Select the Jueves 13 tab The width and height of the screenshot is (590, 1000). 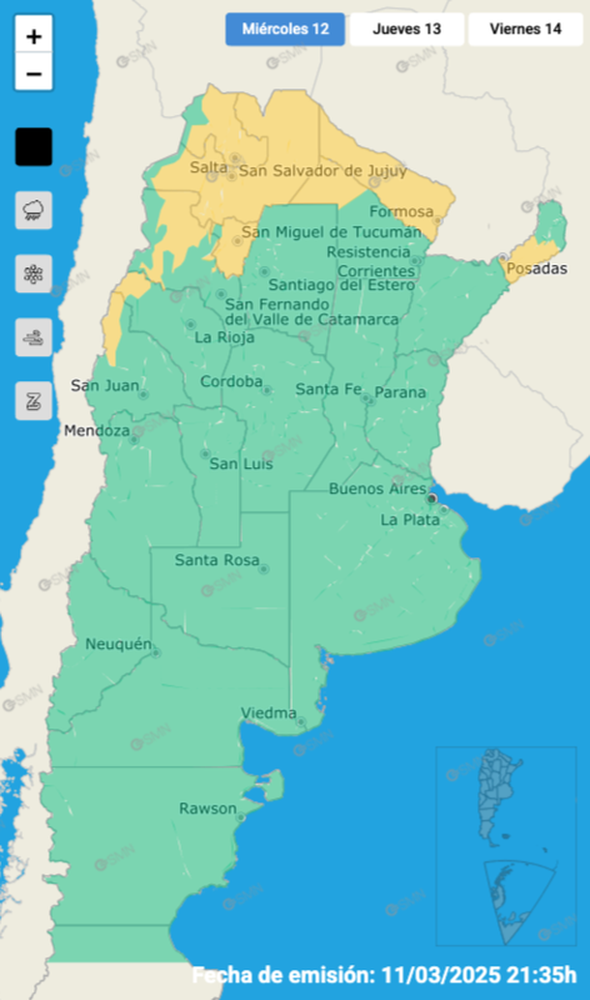tap(406, 29)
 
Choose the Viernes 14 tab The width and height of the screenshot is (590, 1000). tap(525, 29)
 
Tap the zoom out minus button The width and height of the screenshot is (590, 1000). tap(34, 74)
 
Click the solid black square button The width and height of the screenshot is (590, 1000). tap(34, 147)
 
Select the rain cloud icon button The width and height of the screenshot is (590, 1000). tap(34, 210)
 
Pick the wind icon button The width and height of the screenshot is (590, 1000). tap(34, 338)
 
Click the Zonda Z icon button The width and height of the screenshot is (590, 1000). tap(34, 400)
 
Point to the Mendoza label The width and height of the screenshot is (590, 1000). tap(96, 430)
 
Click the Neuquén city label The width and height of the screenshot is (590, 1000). tap(118, 644)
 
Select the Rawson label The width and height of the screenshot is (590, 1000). tap(207, 809)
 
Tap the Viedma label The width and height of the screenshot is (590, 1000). tap(268, 714)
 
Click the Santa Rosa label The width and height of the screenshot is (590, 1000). tap(217, 560)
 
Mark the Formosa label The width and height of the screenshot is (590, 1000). tap(401, 212)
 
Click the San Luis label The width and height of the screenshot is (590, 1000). tap(241, 464)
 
